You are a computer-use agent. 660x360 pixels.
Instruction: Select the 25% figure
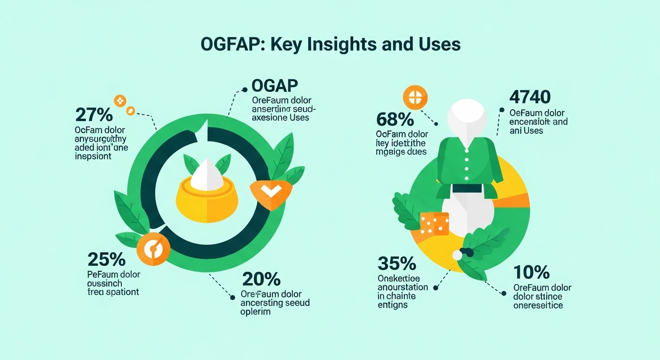pos(106,259)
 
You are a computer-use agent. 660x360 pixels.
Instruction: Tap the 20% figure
pos(261,279)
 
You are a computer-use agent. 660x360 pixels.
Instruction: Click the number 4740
pos(529,97)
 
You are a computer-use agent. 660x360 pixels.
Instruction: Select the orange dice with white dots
pos(434,224)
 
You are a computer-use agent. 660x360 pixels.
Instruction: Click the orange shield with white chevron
pos(271,192)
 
